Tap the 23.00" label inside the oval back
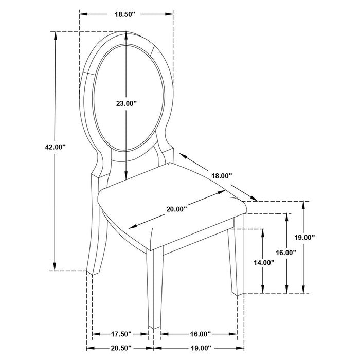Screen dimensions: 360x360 (x=126, y=103)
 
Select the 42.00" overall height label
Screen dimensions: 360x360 (x=56, y=147)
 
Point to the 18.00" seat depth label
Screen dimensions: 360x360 (x=222, y=176)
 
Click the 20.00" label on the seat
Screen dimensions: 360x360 (x=176, y=209)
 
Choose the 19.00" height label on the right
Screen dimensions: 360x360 (x=304, y=237)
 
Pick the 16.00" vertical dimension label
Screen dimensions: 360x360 (x=285, y=253)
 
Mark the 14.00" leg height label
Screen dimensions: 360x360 (x=264, y=262)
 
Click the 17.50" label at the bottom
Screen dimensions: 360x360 (x=122, y=334)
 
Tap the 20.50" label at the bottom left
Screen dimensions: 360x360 (x=122, y=348)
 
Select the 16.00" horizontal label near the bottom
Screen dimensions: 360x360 (x=197, y=334)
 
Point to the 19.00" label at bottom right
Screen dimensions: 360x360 (x=197, y=348)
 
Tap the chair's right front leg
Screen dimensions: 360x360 (x=236, y=262)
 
